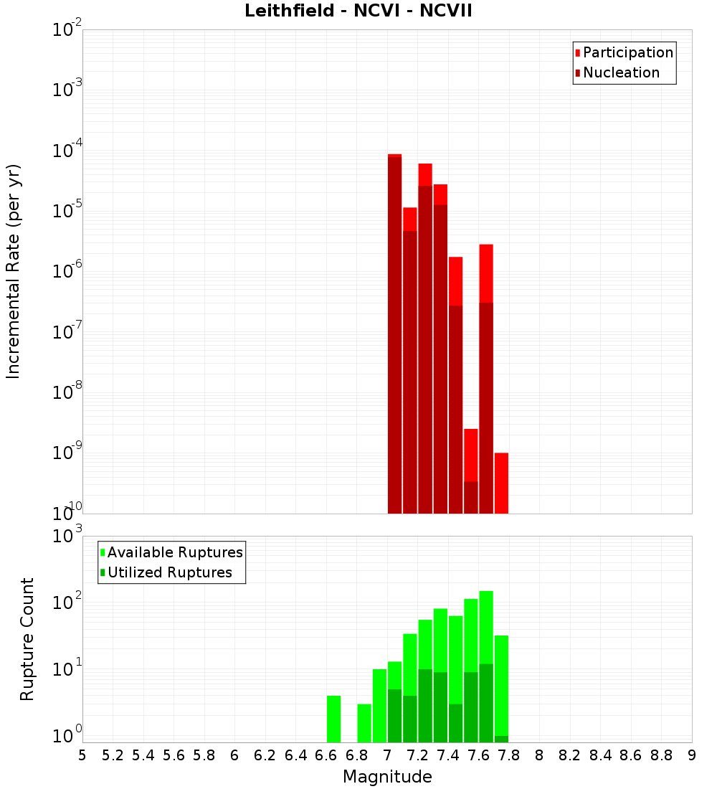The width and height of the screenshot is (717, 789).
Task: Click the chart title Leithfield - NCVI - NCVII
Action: pyautogui.click(x=358, y=11)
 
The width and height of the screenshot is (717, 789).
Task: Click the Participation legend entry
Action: pyautogui.click(x=627, y=52)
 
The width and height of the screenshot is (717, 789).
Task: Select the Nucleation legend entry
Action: pyautogui.click(x=621, y=72)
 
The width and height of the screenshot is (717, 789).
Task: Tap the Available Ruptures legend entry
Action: pyautogui.click(x=174, y=552)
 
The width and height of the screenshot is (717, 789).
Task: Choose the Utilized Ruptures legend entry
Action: pyautogui.click(x=169, y=572)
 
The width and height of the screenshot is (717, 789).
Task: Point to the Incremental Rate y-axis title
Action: pyautogui.click(x=14, y=271)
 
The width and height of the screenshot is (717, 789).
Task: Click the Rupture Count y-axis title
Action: pyautogui.click(x=27, y=638)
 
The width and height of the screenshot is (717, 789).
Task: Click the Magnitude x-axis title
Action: pyautogui.click(x=387, y=777)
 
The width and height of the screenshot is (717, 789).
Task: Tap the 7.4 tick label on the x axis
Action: pyautogui.click(x=448, y=755)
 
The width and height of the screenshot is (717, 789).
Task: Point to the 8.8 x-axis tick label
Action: pyautogui.click(x=661, y=755)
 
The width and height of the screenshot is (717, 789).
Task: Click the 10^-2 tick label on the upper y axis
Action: pyautogui.click(x=66, y=30)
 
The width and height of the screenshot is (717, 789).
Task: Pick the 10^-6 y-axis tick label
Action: pyautogui.click(x=66, y=272)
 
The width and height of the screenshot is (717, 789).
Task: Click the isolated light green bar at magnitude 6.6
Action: pyautogui.click(x=333, y=719)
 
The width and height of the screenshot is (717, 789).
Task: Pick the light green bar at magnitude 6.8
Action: pyautogui.click(x=364, y=723)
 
